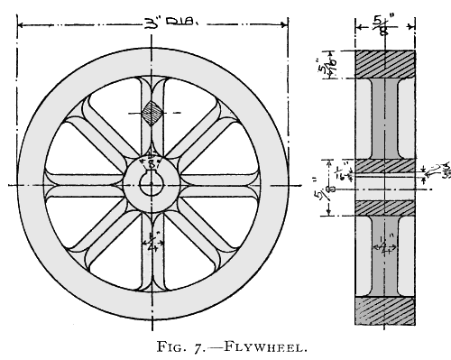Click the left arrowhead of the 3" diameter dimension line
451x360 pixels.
pyautogui.click(x=21, y=23)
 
